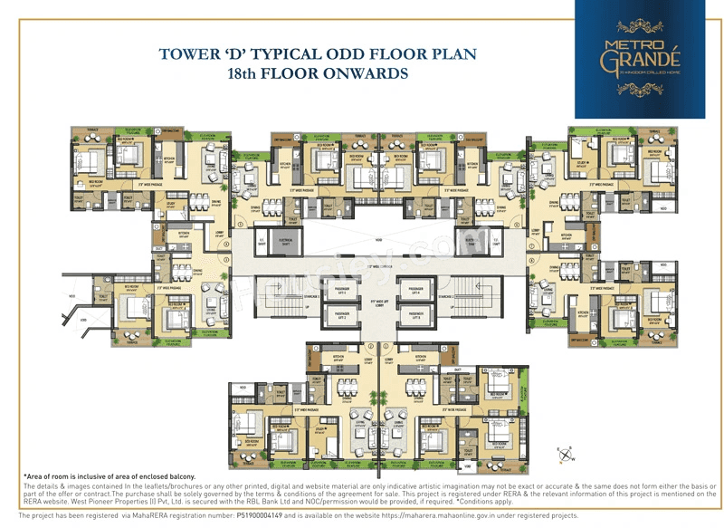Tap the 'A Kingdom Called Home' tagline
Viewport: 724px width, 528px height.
(639, 86)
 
